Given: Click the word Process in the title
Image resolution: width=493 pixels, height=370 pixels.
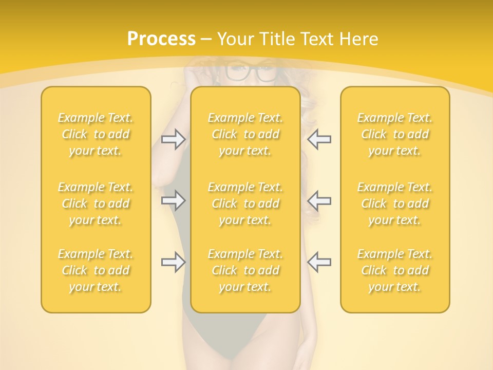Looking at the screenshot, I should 161,39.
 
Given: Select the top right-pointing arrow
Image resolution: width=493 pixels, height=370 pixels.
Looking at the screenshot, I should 174,139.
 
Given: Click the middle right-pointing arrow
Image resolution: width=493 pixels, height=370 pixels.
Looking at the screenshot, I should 174,200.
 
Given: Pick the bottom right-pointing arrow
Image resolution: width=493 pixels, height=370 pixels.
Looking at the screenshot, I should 174,262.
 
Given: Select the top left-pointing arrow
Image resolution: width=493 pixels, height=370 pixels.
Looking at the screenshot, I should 319,139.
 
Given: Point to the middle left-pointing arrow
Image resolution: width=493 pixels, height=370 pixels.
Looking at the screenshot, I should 319,200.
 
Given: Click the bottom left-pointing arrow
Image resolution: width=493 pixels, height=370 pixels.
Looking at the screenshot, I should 319,262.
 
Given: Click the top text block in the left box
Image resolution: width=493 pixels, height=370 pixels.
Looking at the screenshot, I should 96,134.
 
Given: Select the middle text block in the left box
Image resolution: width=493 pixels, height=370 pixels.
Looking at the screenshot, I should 96,203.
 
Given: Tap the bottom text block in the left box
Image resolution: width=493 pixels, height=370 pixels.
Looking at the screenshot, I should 96,270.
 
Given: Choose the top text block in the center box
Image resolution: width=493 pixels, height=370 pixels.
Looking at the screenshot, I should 245,134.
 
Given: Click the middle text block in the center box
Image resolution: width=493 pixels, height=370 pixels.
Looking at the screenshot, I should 245,203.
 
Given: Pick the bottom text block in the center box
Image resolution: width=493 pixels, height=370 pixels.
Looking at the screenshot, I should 245,270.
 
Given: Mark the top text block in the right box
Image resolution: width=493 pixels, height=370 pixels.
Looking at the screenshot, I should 395,134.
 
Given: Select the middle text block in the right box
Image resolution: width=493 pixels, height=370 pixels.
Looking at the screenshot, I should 395,203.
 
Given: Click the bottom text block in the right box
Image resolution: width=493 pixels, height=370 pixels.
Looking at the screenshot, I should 395,270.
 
